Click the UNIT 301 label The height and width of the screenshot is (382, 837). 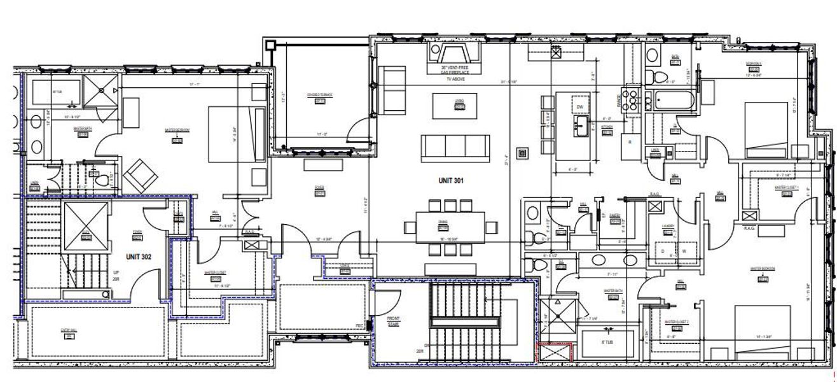450,180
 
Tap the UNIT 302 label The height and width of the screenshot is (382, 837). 137,258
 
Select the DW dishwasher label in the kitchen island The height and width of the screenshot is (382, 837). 579,107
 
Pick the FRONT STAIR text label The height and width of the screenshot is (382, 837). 396,322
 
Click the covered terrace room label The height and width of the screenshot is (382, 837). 320,95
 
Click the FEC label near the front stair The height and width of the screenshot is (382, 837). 359,325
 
